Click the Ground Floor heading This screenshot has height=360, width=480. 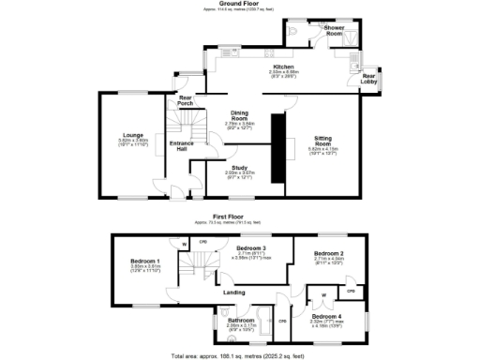point(240,4)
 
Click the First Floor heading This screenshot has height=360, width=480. point(240,216)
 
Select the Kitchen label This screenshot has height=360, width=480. point(283,67)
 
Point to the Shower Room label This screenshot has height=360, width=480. point(335,30)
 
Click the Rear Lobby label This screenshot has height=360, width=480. point(369,78)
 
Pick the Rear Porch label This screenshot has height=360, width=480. point(186,101)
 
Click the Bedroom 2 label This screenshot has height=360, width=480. point(328,254)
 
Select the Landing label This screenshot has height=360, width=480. point(234,292)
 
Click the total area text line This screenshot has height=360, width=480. point(240,355)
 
